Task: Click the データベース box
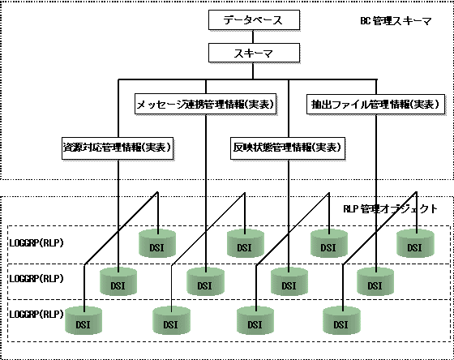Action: click(x=254, y=19)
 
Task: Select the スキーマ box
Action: click(x=254, y=53)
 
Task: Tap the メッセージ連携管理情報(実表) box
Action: click(x=206, y=104)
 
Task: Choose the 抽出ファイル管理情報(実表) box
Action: click(x=376, y=104)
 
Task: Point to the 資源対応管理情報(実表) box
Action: click(x=118, y=148)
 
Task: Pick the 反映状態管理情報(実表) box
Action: click(x=288, y=148)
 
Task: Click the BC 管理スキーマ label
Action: click(x=396, y=21)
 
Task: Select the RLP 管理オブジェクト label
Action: click(x=390, y=209)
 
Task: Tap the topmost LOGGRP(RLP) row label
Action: click(x=36, y=242)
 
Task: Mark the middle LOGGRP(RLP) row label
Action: click(x=36, y=279)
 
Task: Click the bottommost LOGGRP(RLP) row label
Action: click(x=36, y=315)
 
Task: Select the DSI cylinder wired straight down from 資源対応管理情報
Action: click(x=118, y=281)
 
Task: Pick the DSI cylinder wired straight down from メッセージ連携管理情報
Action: click(x=206, y=281)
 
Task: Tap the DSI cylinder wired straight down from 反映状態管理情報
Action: click(x=289, y=281)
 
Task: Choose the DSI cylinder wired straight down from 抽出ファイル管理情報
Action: click(x=375, y=281)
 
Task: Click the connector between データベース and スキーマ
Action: click(x=253, y=36)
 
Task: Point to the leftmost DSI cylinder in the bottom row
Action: click(x=84, y=320)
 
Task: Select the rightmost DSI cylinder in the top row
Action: click(x=415, y=243)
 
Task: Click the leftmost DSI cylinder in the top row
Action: click(x=157, y=243)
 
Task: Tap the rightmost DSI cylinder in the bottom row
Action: click(x=341, y=320)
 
